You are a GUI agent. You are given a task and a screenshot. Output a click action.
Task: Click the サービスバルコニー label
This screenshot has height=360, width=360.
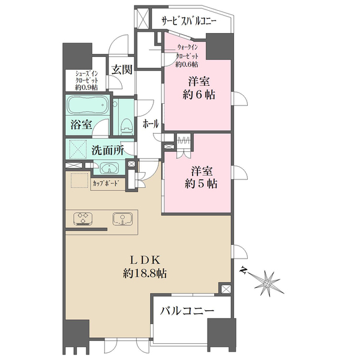189,21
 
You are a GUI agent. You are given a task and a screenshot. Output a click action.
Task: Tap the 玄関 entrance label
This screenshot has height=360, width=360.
122,70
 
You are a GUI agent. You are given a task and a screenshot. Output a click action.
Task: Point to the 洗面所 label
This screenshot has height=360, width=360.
107,151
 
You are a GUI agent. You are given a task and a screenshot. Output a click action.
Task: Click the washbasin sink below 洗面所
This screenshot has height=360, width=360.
110,168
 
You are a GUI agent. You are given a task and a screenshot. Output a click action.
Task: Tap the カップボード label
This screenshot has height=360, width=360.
106,184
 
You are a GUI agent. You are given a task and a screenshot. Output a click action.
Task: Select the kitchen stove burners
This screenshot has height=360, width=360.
83,218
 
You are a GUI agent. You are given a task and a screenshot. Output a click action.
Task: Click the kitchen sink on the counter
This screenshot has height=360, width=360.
122,219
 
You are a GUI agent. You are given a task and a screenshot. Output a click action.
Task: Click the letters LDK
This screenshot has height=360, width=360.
145,260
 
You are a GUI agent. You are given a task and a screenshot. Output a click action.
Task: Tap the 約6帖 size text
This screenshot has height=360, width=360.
199,94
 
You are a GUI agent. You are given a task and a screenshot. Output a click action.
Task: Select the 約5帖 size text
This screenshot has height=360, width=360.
201,184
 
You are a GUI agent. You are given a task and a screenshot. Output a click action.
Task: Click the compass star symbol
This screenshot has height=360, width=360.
267,283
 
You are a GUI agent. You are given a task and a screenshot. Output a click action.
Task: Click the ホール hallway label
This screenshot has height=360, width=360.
151,124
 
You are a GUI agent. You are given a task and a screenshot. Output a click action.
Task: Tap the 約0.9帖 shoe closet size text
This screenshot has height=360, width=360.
86,88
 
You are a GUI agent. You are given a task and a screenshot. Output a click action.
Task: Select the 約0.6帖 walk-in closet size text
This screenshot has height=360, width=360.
187,65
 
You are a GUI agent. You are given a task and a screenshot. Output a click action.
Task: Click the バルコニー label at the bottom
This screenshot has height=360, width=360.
187,311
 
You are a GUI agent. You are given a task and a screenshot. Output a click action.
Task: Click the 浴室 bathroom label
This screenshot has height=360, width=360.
81,125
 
